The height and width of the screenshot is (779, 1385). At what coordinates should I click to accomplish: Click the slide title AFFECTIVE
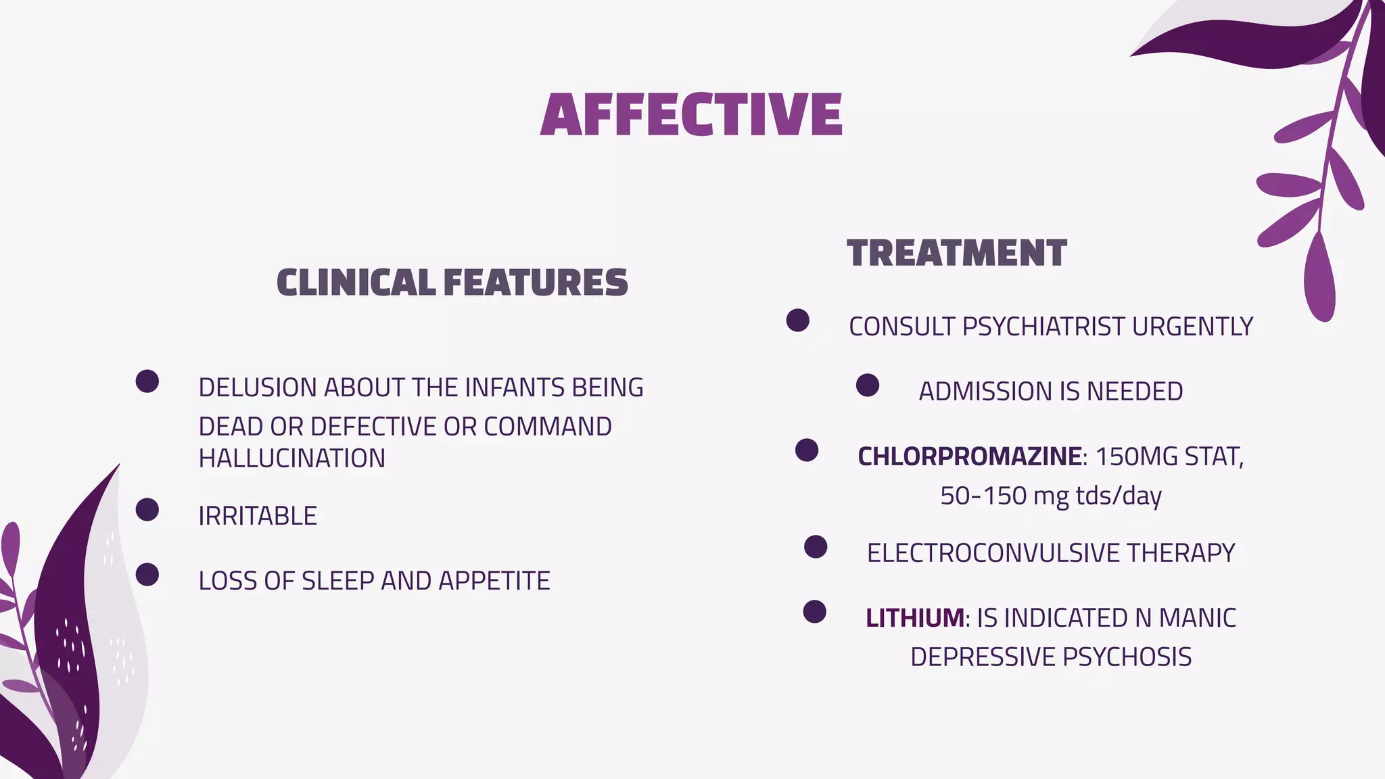[691, 115]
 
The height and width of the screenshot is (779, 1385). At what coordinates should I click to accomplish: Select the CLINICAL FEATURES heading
[452, 283]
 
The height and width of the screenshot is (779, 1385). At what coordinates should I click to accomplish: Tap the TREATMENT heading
[956, 254]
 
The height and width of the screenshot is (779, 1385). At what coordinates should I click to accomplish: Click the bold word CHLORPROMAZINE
[969, 456]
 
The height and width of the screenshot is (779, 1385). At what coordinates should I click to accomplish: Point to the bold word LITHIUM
[915, 618]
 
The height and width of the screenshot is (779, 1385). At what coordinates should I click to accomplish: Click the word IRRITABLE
[258, 516]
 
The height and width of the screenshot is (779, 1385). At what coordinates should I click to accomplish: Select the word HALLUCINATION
[291, 458]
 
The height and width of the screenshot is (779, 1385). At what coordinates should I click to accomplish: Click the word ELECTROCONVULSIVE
[993, 553]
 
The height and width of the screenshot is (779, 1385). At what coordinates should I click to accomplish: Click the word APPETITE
[494, 581]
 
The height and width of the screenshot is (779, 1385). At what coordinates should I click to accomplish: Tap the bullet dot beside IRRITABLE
[147, 510]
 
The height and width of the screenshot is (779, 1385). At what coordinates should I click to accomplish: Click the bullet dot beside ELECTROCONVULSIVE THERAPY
[816, 547]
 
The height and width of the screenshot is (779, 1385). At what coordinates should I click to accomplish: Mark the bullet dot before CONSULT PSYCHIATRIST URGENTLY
[797, 321]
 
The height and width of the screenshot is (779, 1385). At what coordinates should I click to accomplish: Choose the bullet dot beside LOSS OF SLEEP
[147, 575]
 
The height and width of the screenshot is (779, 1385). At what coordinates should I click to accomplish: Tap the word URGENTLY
[1192, 327]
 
